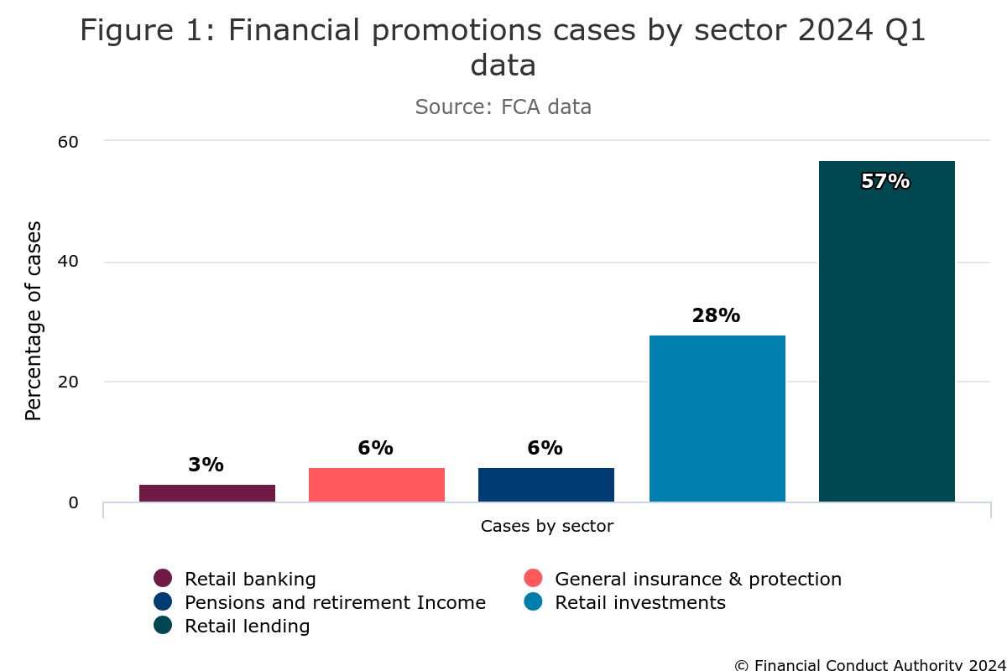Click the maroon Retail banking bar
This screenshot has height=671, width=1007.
pyautogui.click(x=207, y=493)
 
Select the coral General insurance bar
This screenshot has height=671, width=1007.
pyautogui.click(x=377, y=485)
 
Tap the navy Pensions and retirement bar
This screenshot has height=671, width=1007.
pyautogui.click(x=546, y=485)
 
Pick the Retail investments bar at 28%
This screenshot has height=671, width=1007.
pyautogui.click(x=717, y=419)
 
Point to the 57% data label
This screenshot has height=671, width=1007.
pyautogui.click(x=885, y=181)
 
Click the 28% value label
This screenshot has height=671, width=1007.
pyautogui.click(x=716, y=316)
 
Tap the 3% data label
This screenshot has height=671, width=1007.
pyautogui.click(x=206, y=465)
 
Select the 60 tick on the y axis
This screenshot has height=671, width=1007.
pyautogui.click(x=68, y=142)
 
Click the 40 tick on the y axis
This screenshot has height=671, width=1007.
pyautogui.click(x=68, y=262)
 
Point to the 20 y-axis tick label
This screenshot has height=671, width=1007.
pyautogui.click(x=68, y=382)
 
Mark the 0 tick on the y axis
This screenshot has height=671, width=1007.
pyautogui.click(x=73, y=502)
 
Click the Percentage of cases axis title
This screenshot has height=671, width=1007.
pyautogui.click(x=34, y=320)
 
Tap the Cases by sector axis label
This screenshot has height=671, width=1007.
pyautogui.click(x=547, y=527)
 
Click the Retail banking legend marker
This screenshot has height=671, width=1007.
pyautogui.click(x=163, y=579)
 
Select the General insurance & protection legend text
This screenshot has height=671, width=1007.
pyautogui.click(x=698, y=580)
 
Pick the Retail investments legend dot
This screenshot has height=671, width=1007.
pyautogui.click(x=533, y=602)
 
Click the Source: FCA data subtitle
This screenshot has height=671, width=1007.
pyautogui.click(x=503, y=107)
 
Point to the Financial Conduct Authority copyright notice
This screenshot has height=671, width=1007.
pyautogui.click(x=869, y=664)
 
